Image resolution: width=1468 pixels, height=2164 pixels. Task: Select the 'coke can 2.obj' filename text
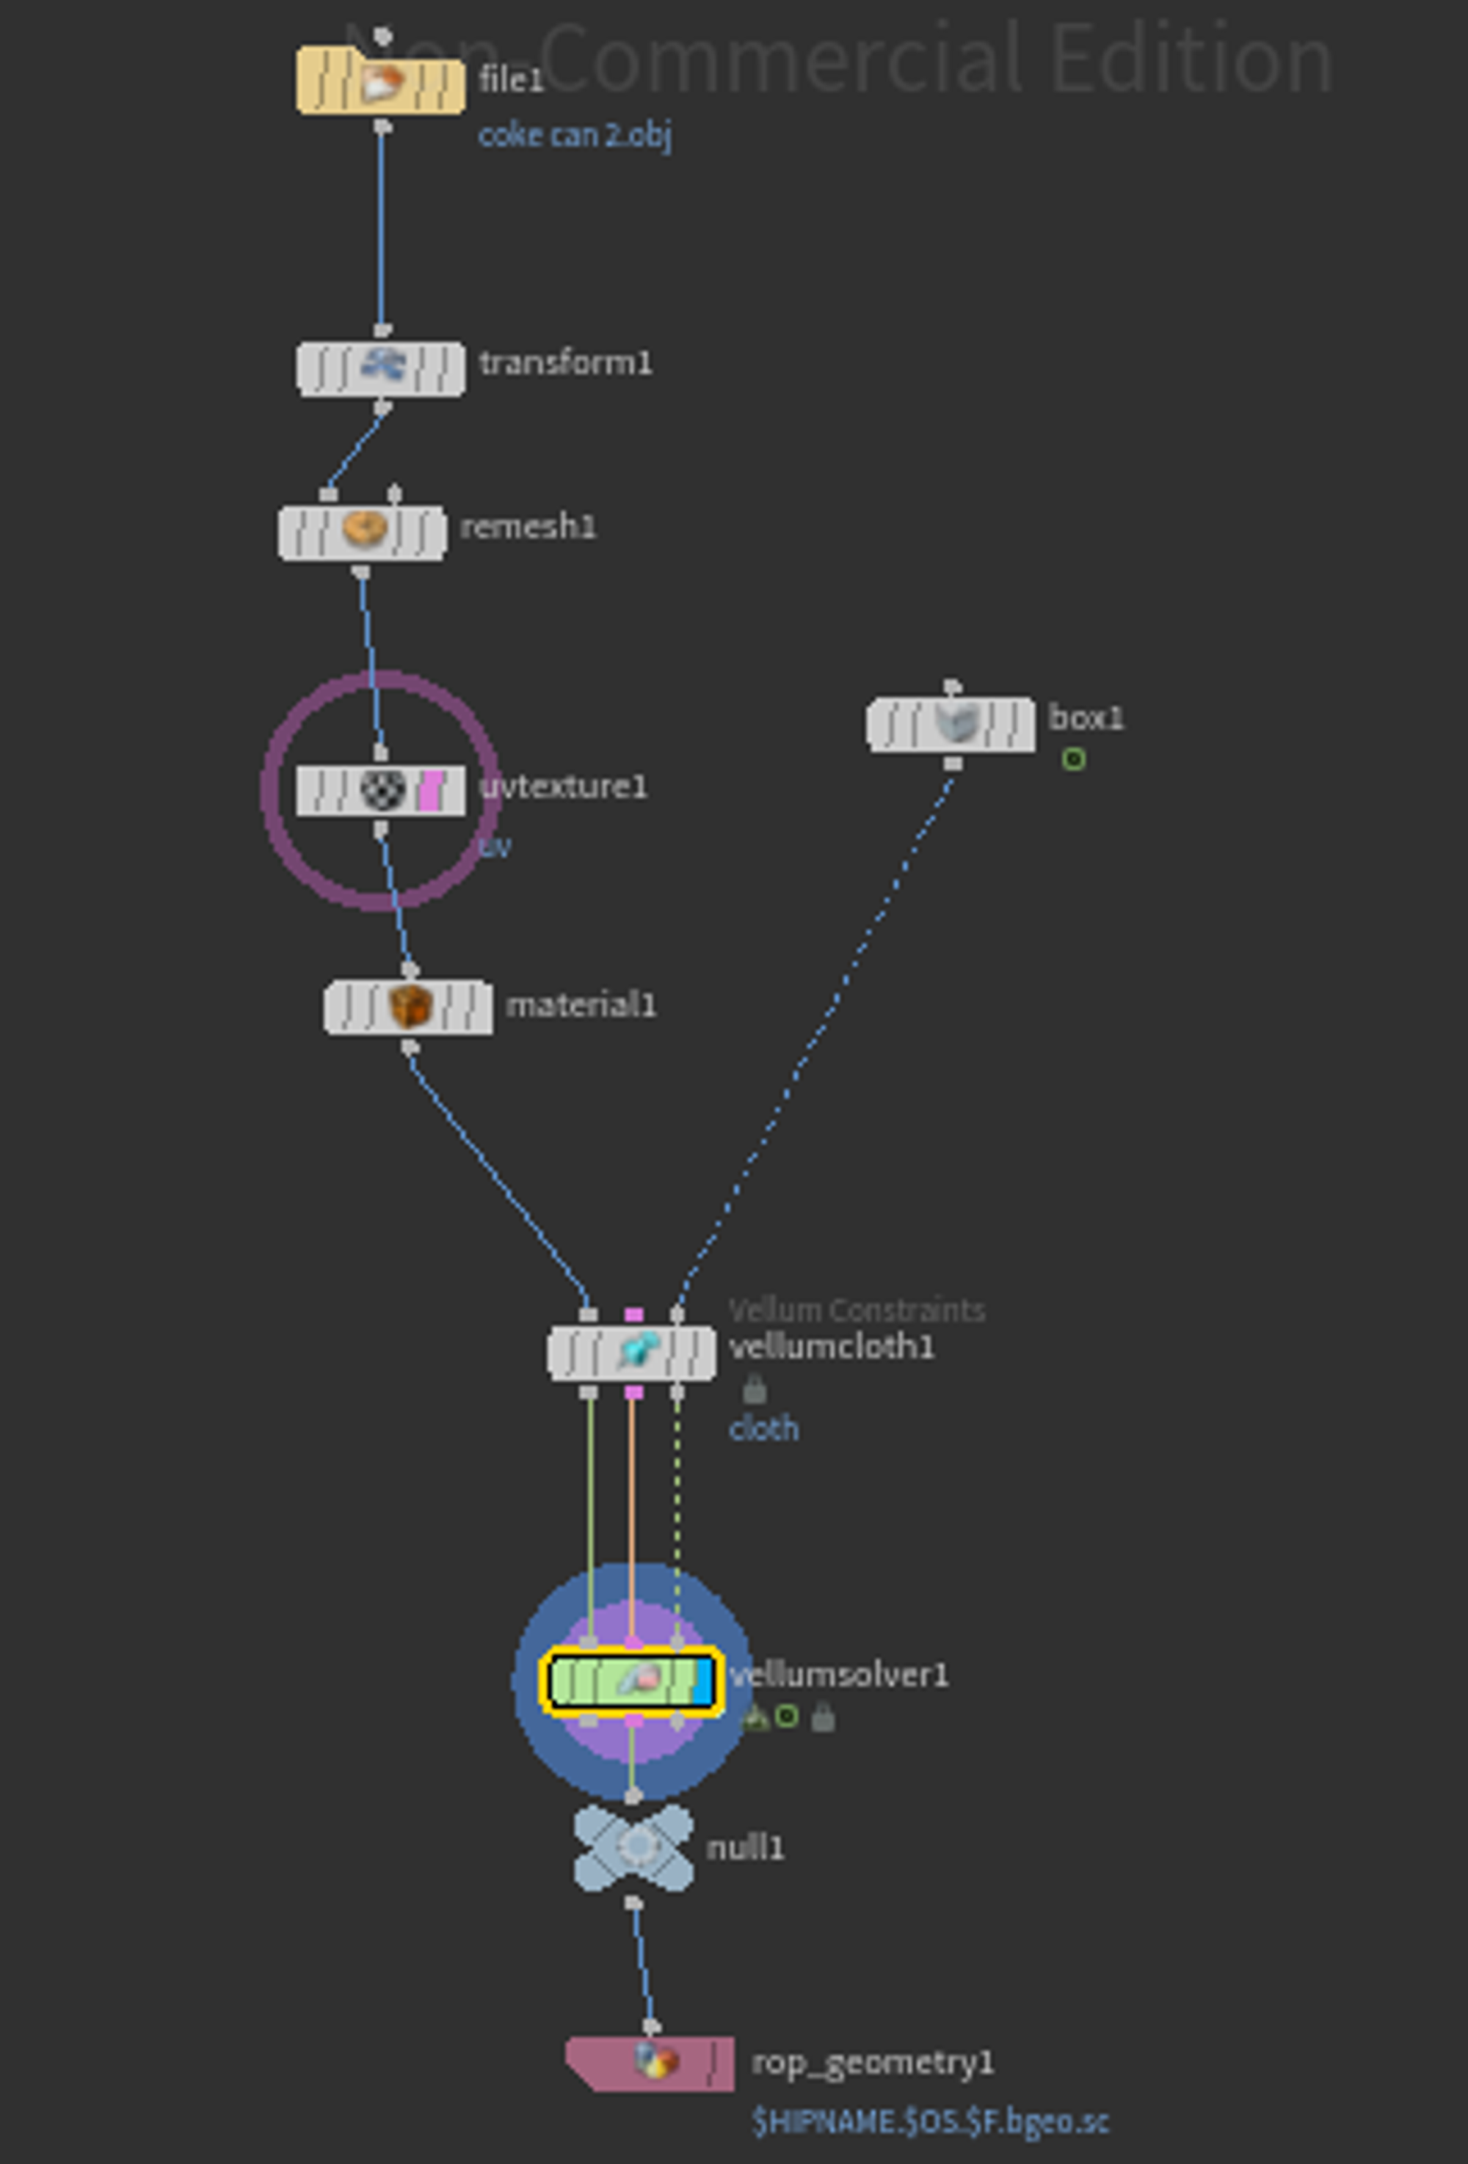pos(575,136)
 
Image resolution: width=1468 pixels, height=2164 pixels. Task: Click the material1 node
pos(409,1006)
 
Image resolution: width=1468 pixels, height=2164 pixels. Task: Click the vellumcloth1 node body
pos(631,1353)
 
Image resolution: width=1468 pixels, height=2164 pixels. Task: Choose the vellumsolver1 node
pos(631,1681)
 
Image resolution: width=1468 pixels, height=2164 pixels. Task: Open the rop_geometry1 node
pos(650,2064)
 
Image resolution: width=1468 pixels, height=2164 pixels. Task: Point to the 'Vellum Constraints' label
pos(856,1310)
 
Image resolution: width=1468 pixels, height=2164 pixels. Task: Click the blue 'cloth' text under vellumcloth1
pos(763,1428)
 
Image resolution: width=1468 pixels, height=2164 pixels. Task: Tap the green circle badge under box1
pos(1073,760)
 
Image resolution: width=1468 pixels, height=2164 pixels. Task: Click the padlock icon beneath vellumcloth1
pos(755,1390)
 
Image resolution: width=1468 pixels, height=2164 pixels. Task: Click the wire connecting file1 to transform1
pos(381,228)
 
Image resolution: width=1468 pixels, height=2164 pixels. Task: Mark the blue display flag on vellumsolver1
pos(703,1681)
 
